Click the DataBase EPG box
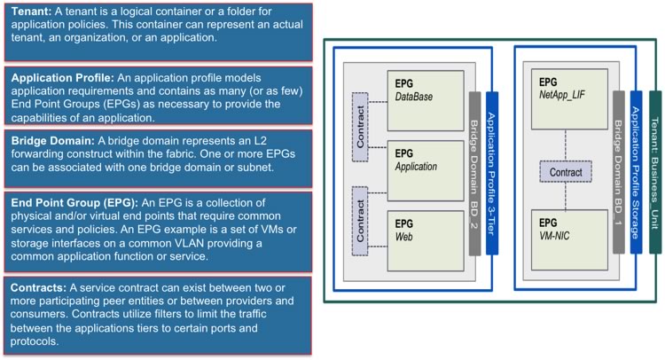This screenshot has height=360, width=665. click(426, 101)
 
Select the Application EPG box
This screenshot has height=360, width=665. click(426, 171)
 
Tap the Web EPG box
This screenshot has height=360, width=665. click(426, 241)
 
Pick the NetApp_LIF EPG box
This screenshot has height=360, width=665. click(569, 99)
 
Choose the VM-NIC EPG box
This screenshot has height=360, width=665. click(569, 240)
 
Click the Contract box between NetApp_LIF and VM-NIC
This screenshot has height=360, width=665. click(566, 172)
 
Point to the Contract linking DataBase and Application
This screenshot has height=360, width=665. click(360, 127)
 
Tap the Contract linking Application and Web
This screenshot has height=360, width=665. click(360, 221)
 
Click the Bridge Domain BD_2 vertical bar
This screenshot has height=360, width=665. click(475, 174)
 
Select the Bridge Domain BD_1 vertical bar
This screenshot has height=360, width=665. click(619, 172)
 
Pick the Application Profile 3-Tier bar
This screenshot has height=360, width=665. click(492, 174)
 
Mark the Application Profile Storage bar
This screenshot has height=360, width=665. click(636, 172)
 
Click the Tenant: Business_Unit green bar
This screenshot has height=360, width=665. click(655, 172)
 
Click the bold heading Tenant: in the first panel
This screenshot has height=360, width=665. click(31, 11)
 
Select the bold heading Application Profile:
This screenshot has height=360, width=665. click(63, 78)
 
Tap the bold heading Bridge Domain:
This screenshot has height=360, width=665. click(53, 141)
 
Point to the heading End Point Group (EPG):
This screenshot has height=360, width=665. click(74, 203)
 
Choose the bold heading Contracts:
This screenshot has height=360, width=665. click(39, 288)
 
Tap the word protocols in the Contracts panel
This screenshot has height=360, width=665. click(35, 341)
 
